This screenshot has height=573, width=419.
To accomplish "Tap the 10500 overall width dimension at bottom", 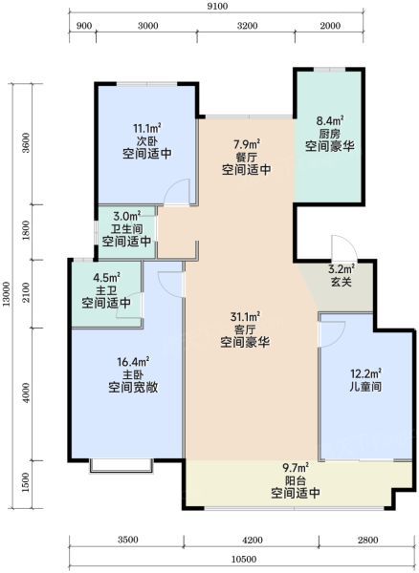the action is [244, 560].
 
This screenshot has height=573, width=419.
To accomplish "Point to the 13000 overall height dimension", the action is [7, 296].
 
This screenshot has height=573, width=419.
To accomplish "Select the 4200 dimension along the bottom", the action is [253, 540].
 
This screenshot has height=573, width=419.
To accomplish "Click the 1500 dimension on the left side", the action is [25, 482].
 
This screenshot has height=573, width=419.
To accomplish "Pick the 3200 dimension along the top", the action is [247, 26].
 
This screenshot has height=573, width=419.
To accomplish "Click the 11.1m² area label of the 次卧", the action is [147, 128].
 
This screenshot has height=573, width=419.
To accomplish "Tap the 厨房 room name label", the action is [330, 133].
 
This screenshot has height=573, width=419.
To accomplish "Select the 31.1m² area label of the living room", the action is [245, 316].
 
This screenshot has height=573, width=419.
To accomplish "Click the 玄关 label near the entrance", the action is [342, 282].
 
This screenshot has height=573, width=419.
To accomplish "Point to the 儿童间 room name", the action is [365, 386].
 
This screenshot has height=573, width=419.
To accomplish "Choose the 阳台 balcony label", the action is [296, 480].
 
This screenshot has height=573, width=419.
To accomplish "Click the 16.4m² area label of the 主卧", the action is [133, 362].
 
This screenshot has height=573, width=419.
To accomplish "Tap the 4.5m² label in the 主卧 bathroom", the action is [106, 278].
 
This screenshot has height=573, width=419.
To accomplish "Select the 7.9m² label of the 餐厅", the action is [247, 144].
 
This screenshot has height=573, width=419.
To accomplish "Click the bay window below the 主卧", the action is [121, 466].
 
